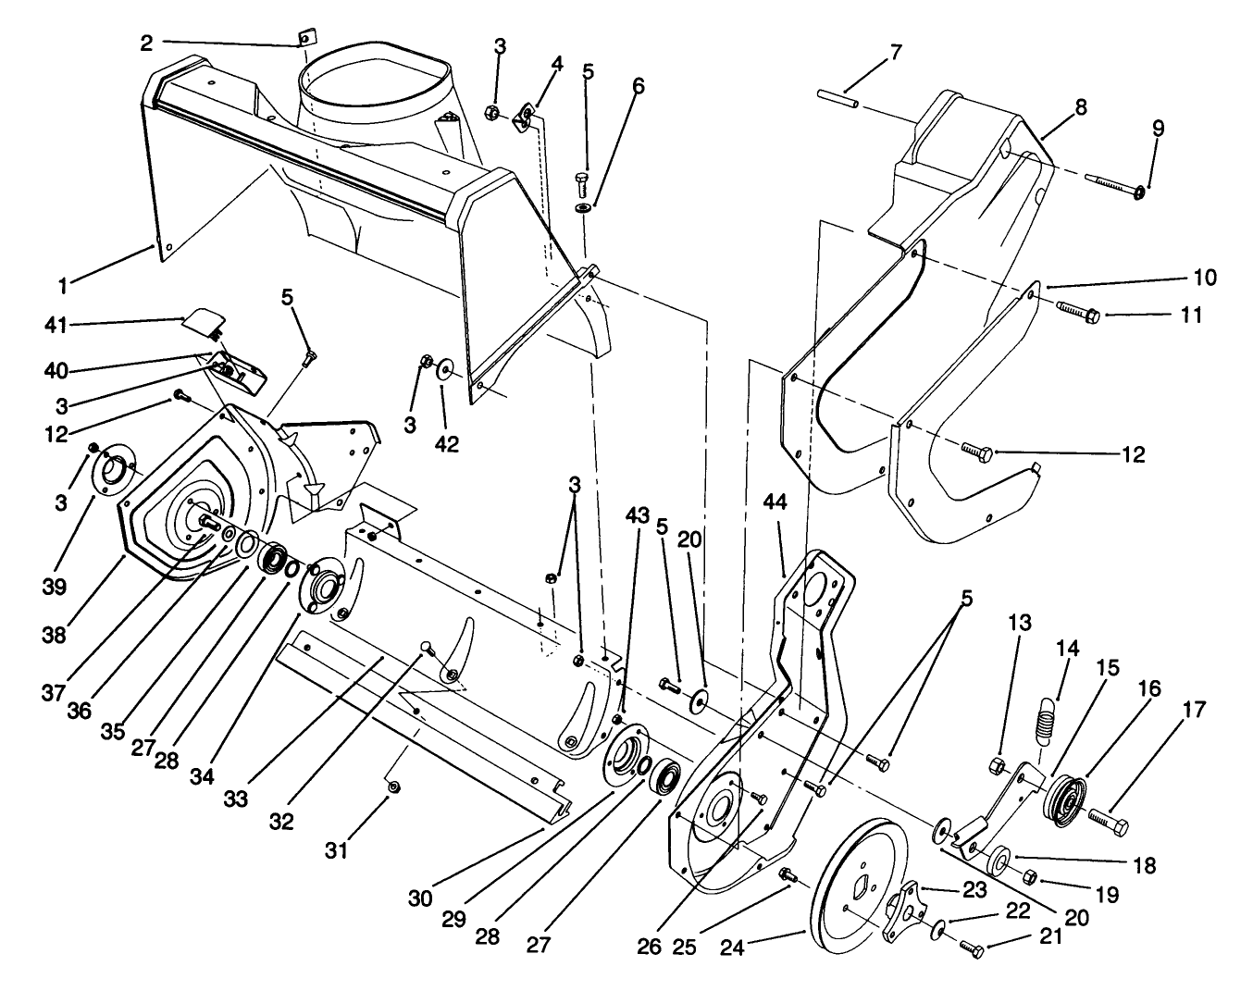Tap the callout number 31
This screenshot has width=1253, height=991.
337,850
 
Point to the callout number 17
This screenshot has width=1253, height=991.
1193,711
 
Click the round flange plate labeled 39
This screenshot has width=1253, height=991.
118,470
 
